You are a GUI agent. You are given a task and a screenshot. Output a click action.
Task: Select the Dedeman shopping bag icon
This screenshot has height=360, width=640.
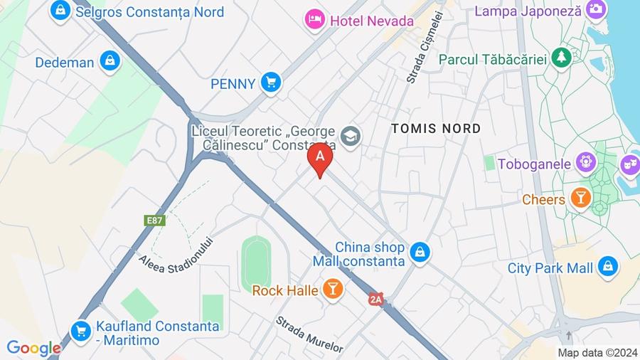[110, 61]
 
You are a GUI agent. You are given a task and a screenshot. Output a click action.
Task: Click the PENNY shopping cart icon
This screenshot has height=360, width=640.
[270, 83]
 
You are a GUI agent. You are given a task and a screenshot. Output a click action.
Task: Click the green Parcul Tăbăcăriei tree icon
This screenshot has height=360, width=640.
[562, 58]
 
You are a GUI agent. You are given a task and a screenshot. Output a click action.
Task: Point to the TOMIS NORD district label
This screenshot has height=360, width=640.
[436, 129]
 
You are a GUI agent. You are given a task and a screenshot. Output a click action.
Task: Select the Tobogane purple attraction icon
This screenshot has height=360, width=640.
[585, 163]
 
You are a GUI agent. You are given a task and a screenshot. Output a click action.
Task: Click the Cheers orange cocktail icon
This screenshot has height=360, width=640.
[580, 198]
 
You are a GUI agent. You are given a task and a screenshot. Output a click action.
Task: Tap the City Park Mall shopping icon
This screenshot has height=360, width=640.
[607, 268]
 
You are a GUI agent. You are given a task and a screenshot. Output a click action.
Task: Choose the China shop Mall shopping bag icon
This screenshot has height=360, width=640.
[420, 252]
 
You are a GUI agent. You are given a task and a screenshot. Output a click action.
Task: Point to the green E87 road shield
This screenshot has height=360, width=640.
[155, 220]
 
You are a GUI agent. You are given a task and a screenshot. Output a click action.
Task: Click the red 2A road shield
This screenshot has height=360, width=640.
[375, 300]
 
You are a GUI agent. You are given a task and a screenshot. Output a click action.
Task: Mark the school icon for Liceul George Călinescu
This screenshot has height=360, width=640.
[350, 135]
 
